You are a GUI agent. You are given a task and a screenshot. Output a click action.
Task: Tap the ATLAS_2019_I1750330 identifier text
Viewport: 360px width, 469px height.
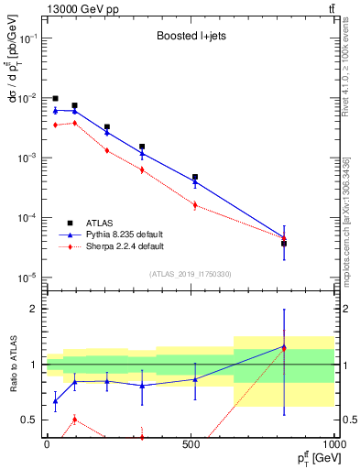point(190,274)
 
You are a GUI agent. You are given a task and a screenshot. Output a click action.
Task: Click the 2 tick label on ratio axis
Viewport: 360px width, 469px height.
point(34,309)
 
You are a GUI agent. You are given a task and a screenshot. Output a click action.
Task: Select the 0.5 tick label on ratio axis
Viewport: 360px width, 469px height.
point(30,420)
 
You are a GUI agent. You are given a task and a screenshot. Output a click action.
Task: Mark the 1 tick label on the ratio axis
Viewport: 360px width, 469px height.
point(34,365)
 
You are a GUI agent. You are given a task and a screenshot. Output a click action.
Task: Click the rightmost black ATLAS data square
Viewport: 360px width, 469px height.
point(284,244)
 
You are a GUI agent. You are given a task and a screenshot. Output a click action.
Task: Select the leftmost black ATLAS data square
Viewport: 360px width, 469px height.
point(55,98)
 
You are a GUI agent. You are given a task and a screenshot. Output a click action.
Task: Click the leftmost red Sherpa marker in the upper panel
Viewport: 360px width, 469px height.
point(55,125)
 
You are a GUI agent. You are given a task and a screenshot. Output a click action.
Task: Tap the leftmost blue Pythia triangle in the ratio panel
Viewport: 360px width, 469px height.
point(55,400)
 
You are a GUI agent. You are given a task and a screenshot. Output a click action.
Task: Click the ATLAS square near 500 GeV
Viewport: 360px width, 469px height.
point(194,177)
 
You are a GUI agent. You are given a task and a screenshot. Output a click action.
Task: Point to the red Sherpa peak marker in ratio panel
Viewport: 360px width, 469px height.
point(74,420)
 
